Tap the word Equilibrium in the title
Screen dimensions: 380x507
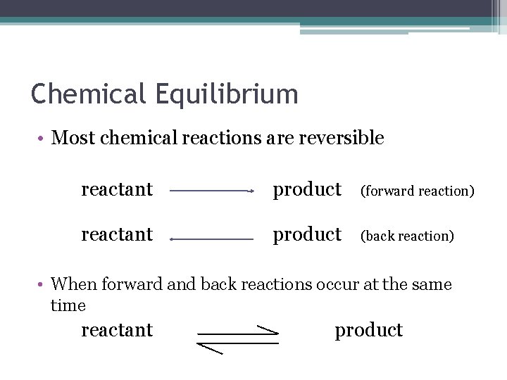coord(223,94)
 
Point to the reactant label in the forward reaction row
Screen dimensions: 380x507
coord(117,189)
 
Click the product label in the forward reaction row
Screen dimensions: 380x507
coord(307,189)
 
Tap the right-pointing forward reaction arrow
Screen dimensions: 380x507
coord(211,190)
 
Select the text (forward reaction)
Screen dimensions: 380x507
coord(417,191)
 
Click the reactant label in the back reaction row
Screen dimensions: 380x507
coord(117,234)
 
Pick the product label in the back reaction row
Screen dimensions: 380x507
coord(307,234)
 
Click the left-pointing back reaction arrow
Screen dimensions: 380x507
coord(211,239)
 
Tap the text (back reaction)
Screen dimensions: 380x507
coord(407,236)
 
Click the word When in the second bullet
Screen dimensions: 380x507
coord(74,284)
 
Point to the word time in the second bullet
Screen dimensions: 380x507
coord(68,305)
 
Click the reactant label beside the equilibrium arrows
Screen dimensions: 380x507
coord(117,330)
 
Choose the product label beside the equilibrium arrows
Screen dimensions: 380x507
coord(368,330)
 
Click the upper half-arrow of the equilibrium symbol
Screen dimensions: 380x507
coord(238,332)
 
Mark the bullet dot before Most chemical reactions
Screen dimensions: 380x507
coord(42,139)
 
